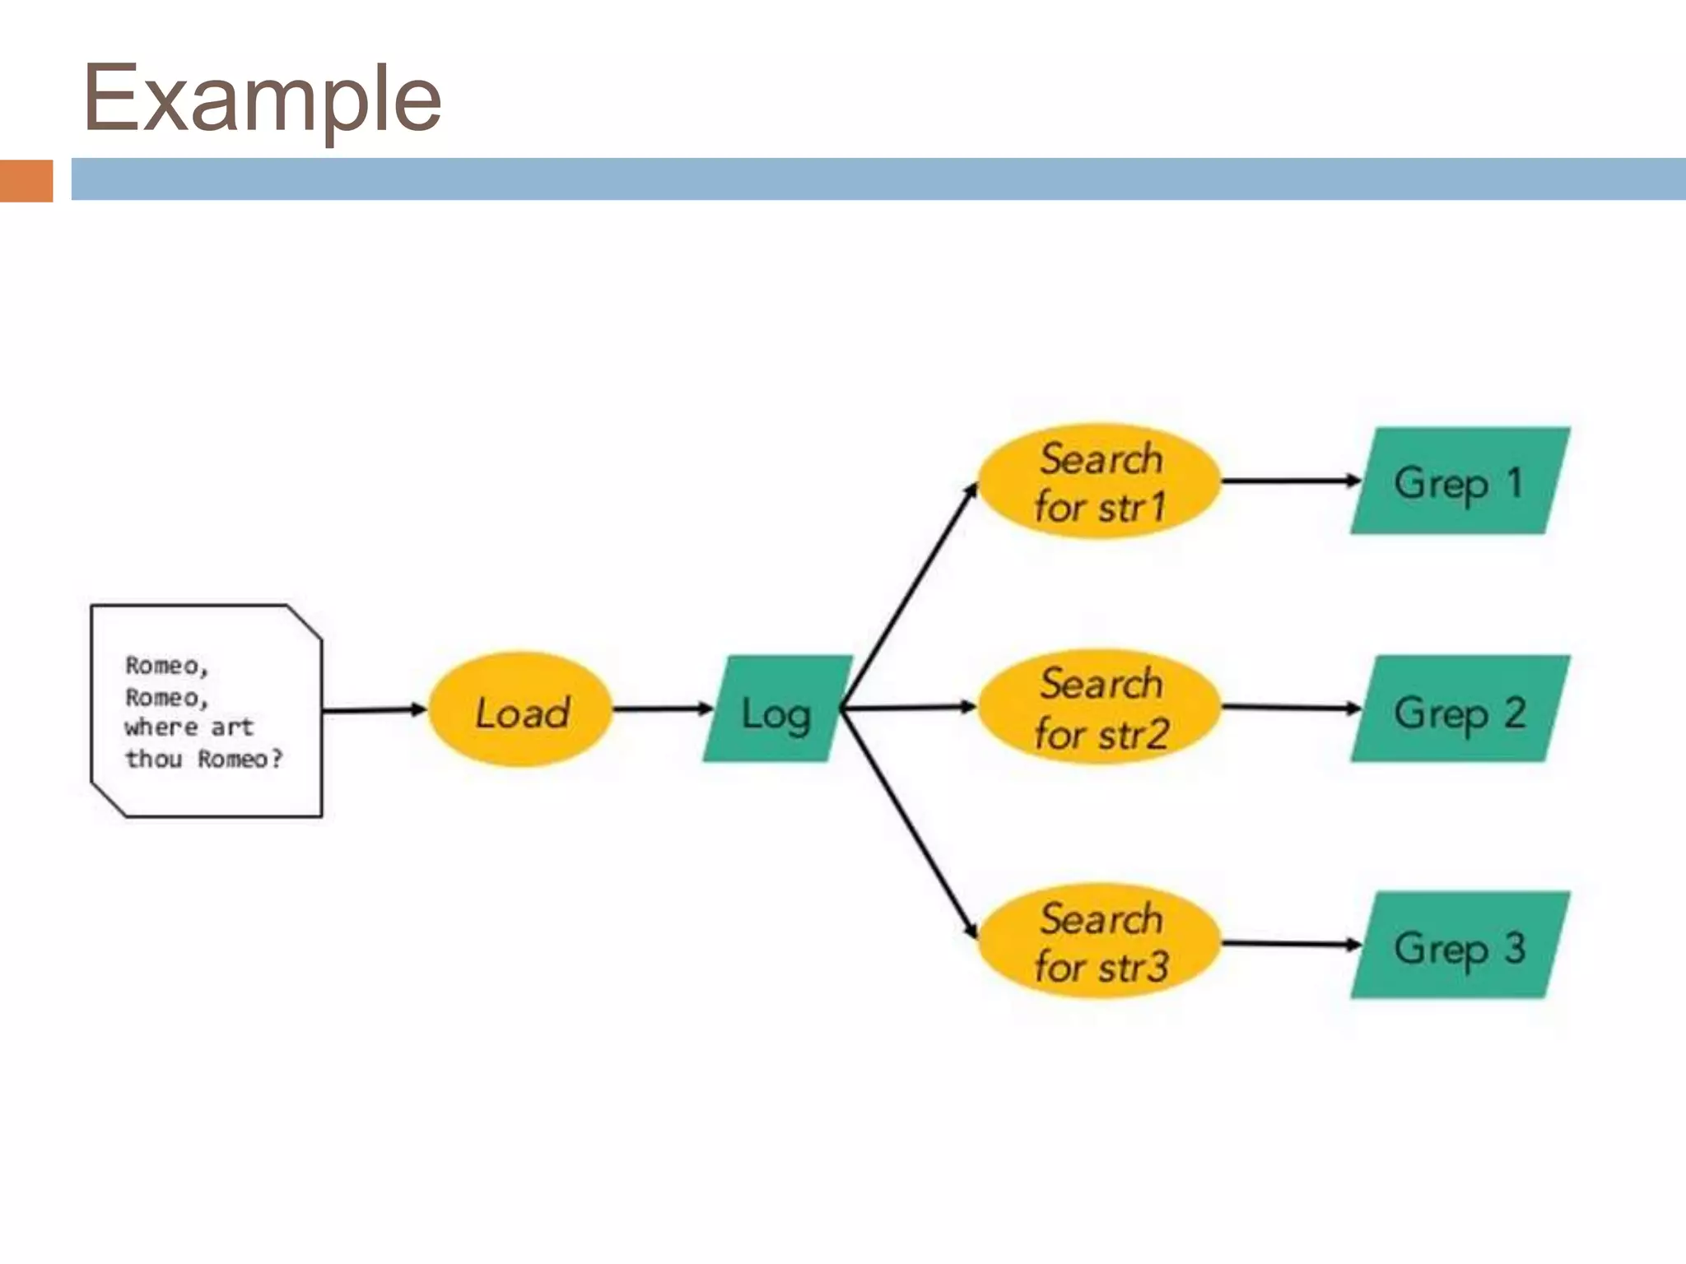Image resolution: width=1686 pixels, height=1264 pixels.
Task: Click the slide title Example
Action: [262, 99]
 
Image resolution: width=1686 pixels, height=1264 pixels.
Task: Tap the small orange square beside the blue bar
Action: [26, 180]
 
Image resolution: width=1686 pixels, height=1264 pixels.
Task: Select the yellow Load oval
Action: [521, 710]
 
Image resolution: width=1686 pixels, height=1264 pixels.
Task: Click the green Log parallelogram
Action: [776, 710]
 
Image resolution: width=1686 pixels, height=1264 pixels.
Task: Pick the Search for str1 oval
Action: [1100, 481]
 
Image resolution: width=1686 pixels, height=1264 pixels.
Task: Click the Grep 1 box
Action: [1459, 481]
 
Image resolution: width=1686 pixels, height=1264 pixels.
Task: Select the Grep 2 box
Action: [1459, 709]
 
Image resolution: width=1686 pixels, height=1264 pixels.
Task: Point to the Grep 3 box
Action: [1459, 946]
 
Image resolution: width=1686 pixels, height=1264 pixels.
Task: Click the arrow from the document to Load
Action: [374, 710]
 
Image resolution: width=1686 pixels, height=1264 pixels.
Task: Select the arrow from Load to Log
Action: [662, 709]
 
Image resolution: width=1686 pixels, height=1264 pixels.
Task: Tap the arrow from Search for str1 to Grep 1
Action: [1289, 481]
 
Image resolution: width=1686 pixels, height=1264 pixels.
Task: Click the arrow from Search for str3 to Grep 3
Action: [1289, 944]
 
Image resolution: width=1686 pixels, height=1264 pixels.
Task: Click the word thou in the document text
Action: [153, 759]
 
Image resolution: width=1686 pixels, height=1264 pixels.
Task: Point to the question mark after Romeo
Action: [277, 758]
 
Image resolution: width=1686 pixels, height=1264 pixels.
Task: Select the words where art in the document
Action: [189, 727]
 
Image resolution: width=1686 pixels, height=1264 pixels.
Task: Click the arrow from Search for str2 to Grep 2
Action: [1289, 707]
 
